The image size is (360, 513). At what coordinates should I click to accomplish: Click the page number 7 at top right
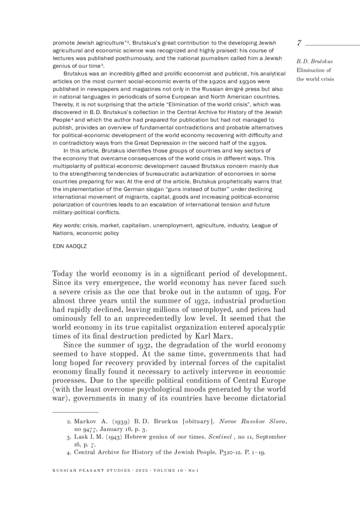point(299,43)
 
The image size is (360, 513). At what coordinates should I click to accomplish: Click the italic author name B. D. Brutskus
point(314,61)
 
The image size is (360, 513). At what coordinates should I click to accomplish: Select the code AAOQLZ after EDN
point(76,246)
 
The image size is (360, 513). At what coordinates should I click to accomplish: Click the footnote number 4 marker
point(69,452)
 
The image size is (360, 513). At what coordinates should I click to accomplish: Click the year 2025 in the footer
point(142,471)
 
